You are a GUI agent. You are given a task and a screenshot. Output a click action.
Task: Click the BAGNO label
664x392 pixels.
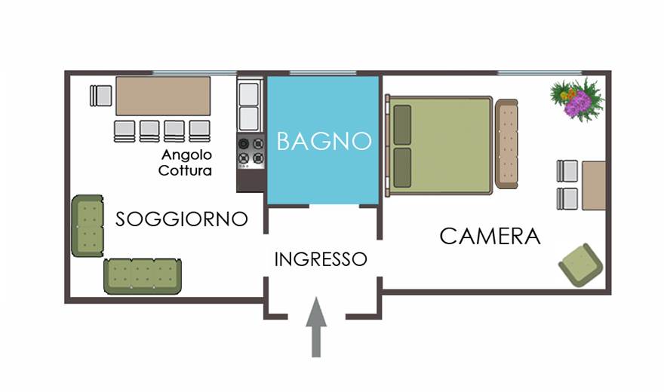coord(324,141)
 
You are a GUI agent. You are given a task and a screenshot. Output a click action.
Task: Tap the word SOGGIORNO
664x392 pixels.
coord(182,219)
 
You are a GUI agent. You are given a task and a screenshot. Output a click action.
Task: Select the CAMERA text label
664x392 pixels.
coord(490,236)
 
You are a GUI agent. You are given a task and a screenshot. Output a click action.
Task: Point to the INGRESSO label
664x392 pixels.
coord(321,259)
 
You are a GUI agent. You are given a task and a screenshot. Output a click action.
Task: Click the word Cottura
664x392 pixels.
coord(185,170)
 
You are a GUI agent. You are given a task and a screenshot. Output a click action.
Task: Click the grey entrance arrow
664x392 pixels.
coord(316,327)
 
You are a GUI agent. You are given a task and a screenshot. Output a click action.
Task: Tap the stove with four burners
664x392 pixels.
coord(251,152)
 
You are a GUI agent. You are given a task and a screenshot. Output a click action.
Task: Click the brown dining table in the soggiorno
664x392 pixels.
coord(163,96)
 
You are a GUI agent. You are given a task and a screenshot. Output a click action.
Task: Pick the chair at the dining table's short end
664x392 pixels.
coord(101,96)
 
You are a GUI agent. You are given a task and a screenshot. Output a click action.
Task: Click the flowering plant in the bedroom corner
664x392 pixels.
coord(577,100)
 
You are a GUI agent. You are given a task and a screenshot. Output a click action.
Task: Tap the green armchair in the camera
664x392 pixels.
coord(580,265)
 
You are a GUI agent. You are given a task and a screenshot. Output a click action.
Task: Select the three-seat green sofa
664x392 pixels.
coord(143,276)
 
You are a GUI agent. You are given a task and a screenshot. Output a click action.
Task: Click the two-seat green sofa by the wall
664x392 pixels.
coord(88,226)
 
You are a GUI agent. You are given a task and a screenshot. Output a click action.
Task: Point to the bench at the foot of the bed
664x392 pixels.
coord(506,144)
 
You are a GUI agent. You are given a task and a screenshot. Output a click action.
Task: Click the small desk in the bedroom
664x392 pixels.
coord(594,185)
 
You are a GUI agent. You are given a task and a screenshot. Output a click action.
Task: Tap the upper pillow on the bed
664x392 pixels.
coord(402,124)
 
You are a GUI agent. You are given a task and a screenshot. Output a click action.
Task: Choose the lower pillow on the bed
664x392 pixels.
coord(402,167)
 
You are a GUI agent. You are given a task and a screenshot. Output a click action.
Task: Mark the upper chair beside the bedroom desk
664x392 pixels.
coord(567,171)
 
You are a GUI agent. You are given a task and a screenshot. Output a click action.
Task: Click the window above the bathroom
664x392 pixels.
coord(323,73)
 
